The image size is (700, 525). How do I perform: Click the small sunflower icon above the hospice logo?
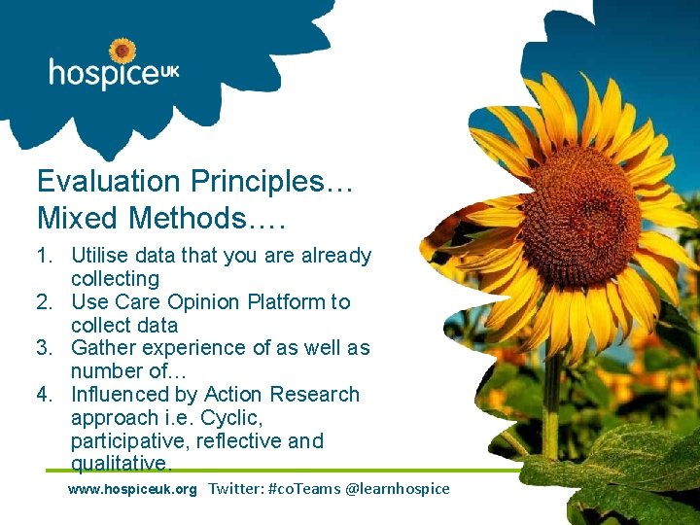pyautogui.click(x=122, y=51)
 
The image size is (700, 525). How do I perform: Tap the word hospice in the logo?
pyautogui.click(x=103, y=74)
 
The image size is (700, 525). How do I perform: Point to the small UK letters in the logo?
pyautogui.click(x=169, y=71)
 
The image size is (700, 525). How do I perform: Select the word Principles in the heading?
pyautogui.click(x=258, y=181)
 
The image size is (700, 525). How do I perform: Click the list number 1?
pyautogui.click(x=45, y=256)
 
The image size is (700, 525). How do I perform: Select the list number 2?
pyautogui.click(x=45, y=302)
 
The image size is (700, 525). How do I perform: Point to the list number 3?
pyautogui.click(x=45, y=348)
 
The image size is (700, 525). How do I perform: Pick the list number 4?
pyautogui.click(x=45, y=395)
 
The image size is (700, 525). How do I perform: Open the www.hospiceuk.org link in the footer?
pyautogui.click(x=132, y=489)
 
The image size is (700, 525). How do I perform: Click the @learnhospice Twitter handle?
pyautogui.click(x=398, y=489)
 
